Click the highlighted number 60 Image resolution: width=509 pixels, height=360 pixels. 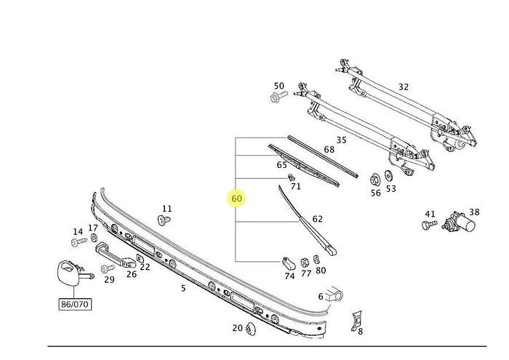click(236, 198)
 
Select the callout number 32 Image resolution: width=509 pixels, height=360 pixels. click(404, 87)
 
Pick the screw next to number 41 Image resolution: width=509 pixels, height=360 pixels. click(428, 225)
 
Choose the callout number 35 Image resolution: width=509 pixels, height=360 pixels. click(340, 140)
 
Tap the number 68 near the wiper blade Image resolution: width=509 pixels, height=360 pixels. click(329, 151)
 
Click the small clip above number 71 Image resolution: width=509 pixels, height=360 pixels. click(292, 177)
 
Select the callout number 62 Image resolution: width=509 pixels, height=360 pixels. click(317, 219)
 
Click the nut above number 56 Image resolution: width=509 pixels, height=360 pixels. click(375, 179)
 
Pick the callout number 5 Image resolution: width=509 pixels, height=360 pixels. click(183, 289)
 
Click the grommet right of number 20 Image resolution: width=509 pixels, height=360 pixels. click(252, 329)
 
